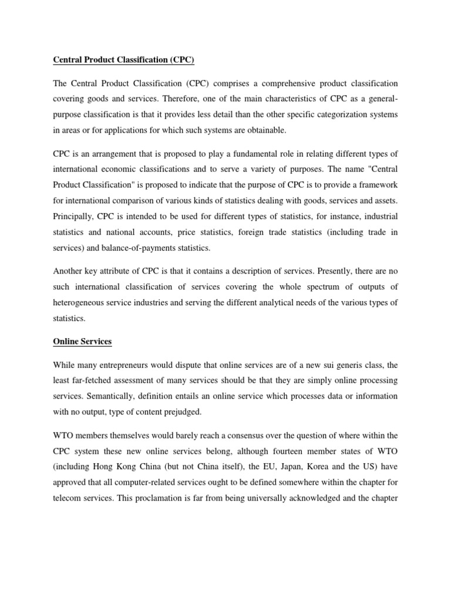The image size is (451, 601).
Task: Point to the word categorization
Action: click(327, 114)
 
